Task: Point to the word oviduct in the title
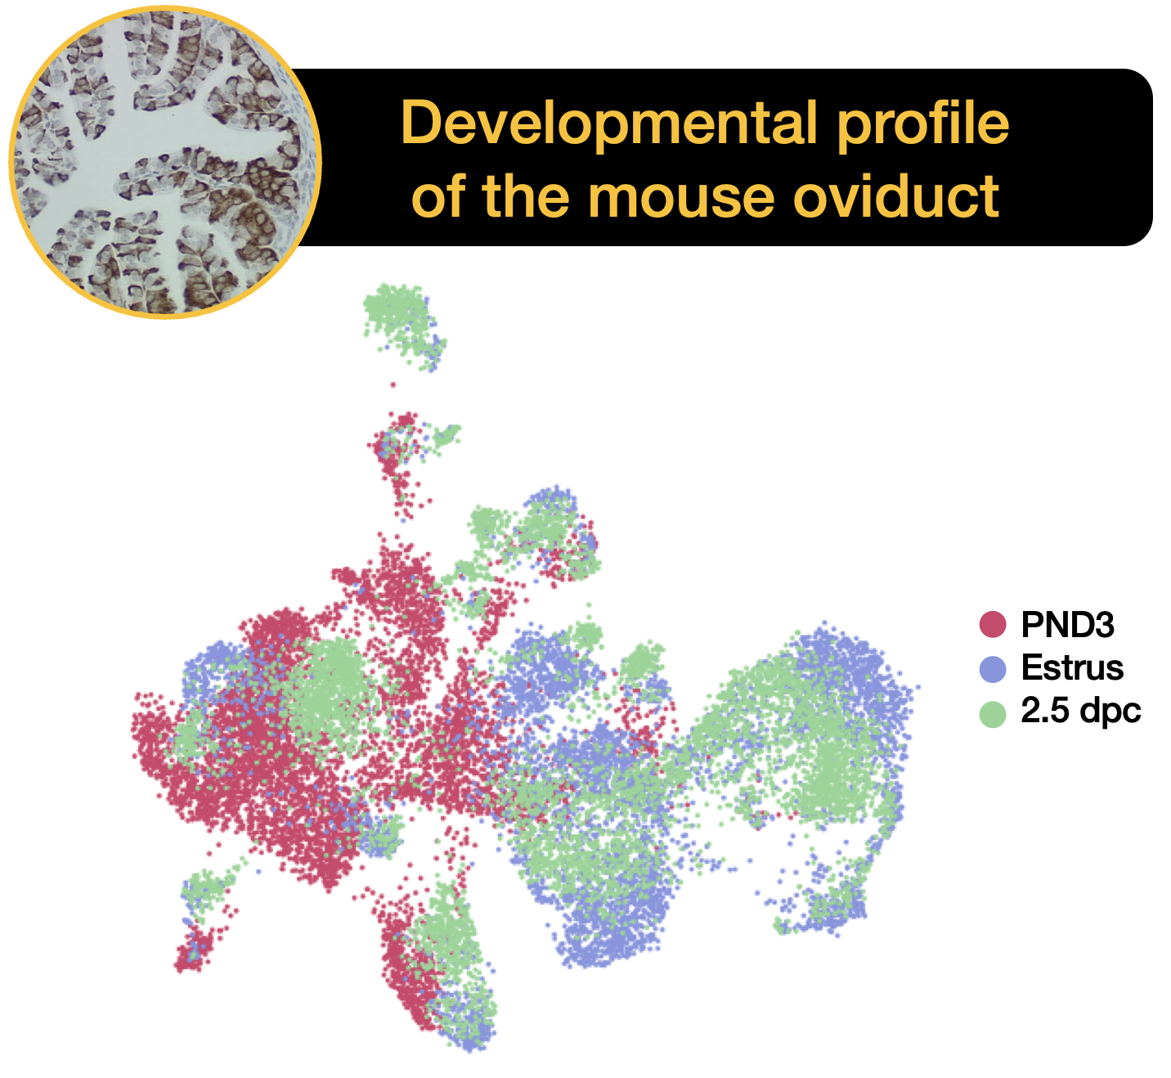click(x=896, y=196)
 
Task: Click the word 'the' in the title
click(x=525, y=196)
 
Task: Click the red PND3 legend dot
click(x=993, y=624)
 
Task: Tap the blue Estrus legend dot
click(x=993, y=669)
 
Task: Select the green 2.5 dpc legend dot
click(x=993, y=713)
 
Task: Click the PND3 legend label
click(x=1067, y=624)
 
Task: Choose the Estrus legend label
click(x=1072, y=667)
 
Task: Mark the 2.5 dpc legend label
click(x=1080, y=712)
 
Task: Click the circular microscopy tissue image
click(x=165, y=162)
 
